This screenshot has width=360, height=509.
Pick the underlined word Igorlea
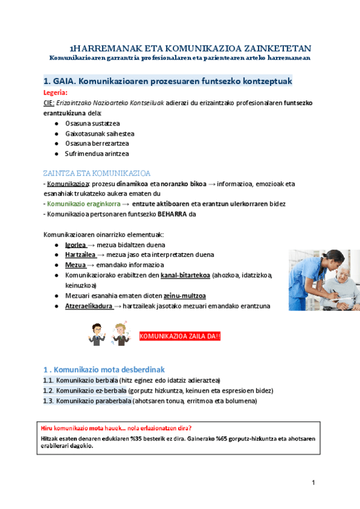(x=75, y=245)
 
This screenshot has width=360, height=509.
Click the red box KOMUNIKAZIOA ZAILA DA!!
(x=180, y=336)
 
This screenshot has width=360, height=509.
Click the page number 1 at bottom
(x=314, y=483)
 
